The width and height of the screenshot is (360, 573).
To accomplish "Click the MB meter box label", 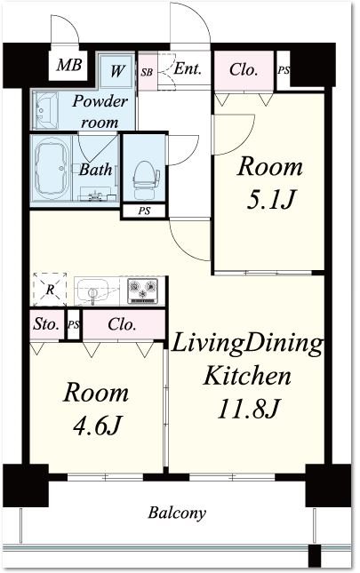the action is pyautogui.click(x=69, y=66).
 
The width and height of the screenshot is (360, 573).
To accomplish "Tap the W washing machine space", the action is pyautogui.click(x=116, y=71).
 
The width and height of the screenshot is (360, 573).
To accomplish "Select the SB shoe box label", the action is pyautogui.click(x=147, y=72).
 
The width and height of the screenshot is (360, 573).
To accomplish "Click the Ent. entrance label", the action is pyautogui.click(x=188, y=68).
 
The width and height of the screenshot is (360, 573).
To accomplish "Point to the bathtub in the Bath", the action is pyautogui.click(x=53, y=170).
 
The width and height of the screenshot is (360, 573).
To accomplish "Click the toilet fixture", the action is pyautogui.click(x=145, y=179).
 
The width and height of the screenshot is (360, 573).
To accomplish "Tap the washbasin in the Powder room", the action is pyautogui.click(x=45, y=109).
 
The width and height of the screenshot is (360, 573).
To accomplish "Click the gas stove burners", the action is pyautogui.click(x=142, y=290).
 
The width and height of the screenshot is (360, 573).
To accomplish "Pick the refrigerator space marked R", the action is pyautogui.click(x=50, y=290).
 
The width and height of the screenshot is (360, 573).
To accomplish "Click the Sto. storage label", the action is pyautogui.click(x=46, y=323).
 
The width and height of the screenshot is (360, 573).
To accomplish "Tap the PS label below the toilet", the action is pyautogui.click(x=144, y=211).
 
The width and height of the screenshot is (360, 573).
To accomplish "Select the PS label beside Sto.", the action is pyautogui.click(x=74, y=324).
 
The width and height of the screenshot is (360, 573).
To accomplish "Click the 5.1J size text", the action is pyautogui.click(x=270, y=201).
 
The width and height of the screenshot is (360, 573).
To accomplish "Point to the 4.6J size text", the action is pyautogui.click(x=97, y=425).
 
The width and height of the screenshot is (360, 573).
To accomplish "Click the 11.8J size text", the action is pyautogui.click(x=249, y=408).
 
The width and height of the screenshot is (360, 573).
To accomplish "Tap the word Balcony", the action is pyautogui.click(x=177, y=513).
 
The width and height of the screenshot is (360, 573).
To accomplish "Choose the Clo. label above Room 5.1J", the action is pyautogui.click(x=244, y=69).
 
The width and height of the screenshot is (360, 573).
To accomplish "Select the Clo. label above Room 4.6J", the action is pyautogui.click(x=122, y=324).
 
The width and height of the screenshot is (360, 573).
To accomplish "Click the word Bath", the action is pyautogui.click(x=96, y=170).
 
